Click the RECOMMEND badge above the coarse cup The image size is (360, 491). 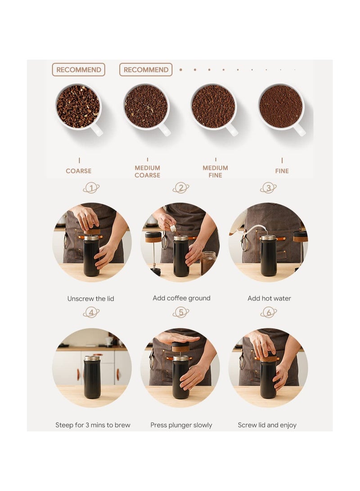78,70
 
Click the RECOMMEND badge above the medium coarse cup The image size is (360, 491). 146,70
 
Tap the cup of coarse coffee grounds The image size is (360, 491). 78,107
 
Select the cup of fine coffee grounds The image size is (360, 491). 281,107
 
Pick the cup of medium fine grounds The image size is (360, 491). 213,107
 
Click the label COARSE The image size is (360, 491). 79,171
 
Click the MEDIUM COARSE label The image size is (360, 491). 147,171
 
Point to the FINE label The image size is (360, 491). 282,171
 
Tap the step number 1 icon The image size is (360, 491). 91,188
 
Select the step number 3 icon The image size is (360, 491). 268,188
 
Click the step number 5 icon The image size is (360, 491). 181,312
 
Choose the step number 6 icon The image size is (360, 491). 268,312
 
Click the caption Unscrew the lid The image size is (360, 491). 91,298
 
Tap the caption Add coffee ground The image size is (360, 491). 181,298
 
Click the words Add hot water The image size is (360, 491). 269,298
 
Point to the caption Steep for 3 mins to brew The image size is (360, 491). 93,425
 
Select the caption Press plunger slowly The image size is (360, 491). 181,425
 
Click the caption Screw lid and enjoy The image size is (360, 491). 267,425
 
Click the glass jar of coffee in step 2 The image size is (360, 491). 208,263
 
